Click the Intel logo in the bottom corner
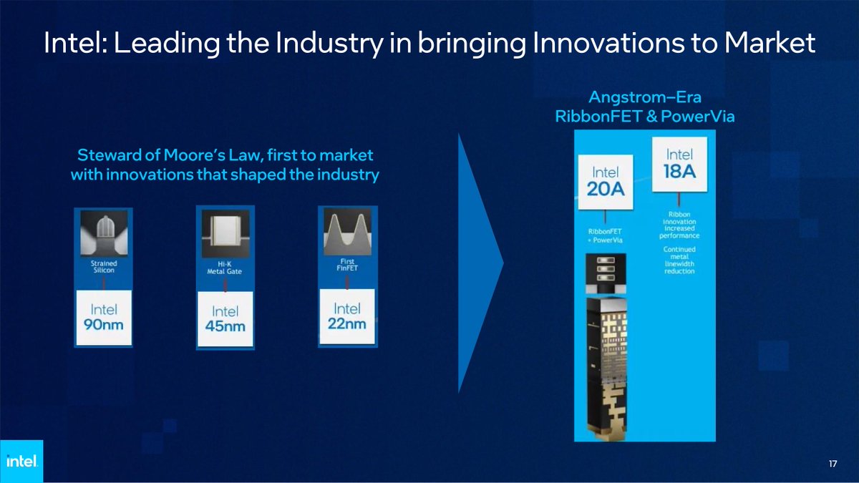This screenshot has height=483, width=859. pyautogui.click(x=21, y=462)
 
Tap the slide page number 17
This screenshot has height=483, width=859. pyautogui.click(x=833, y=465)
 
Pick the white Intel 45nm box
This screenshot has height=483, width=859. pyautogui.click(x=225, y=318)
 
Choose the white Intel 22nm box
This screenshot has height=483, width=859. pyautogui.click(x=347, y=315)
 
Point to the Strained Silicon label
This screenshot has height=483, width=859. pyautogui.click(x=105, y=267)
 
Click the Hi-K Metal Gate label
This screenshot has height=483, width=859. pyautogui.click(x=225, y=268)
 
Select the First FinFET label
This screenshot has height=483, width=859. pyautogui.click(x=347, y=265)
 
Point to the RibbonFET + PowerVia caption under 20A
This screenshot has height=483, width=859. pyautogui.click(x=606, y=235)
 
